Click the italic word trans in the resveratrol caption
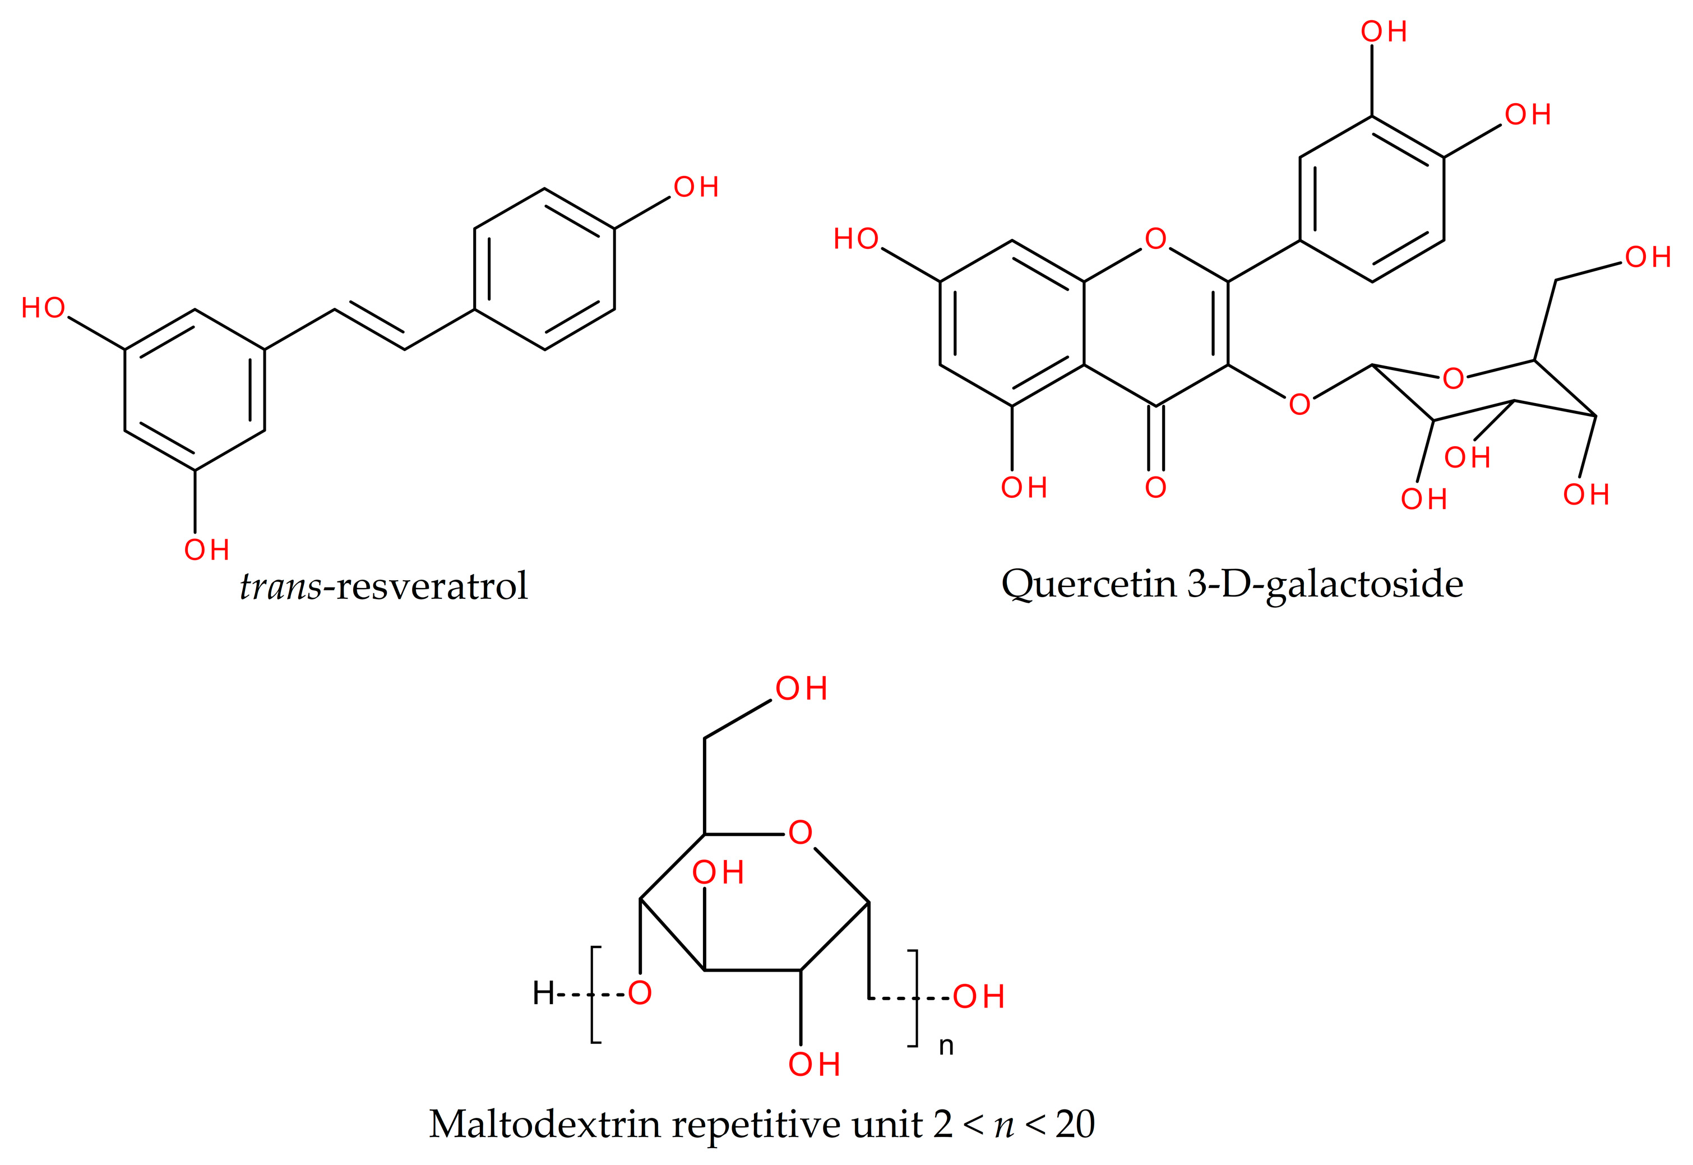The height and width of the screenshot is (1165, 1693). pyautogui.click(x=280, y=586)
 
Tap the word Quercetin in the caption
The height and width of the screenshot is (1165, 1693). pyautogui.click(x=1088, y=584)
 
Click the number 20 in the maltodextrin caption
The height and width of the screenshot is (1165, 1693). pyautogui.click(x=1074, y=1124)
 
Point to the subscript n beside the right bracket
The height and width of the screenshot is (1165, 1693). pyautogui.click(x=946, y=1047)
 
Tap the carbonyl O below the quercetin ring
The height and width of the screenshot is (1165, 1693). pyautogui.click(x=1155, y=487)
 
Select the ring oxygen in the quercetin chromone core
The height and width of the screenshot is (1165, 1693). pyautogui.click(x=1155, y=239)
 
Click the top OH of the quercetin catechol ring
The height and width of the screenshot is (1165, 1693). pyautogui.click(x=1384, y=32)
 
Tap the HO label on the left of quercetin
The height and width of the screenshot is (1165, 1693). pyautogui.click(x=856, y=239)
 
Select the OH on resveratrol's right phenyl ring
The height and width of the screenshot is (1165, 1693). pyautogui.click(x=696, y=188)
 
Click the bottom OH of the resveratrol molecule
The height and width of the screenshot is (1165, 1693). pyautogui.click(x=206, y=549)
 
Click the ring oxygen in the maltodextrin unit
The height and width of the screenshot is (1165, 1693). pyautogui.click(x=800, y=832)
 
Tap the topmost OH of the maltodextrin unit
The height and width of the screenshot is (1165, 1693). pyautogui.click(x=801, y=688)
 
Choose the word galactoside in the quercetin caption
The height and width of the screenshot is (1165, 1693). pyautogui.click(x=1364, y=584)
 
